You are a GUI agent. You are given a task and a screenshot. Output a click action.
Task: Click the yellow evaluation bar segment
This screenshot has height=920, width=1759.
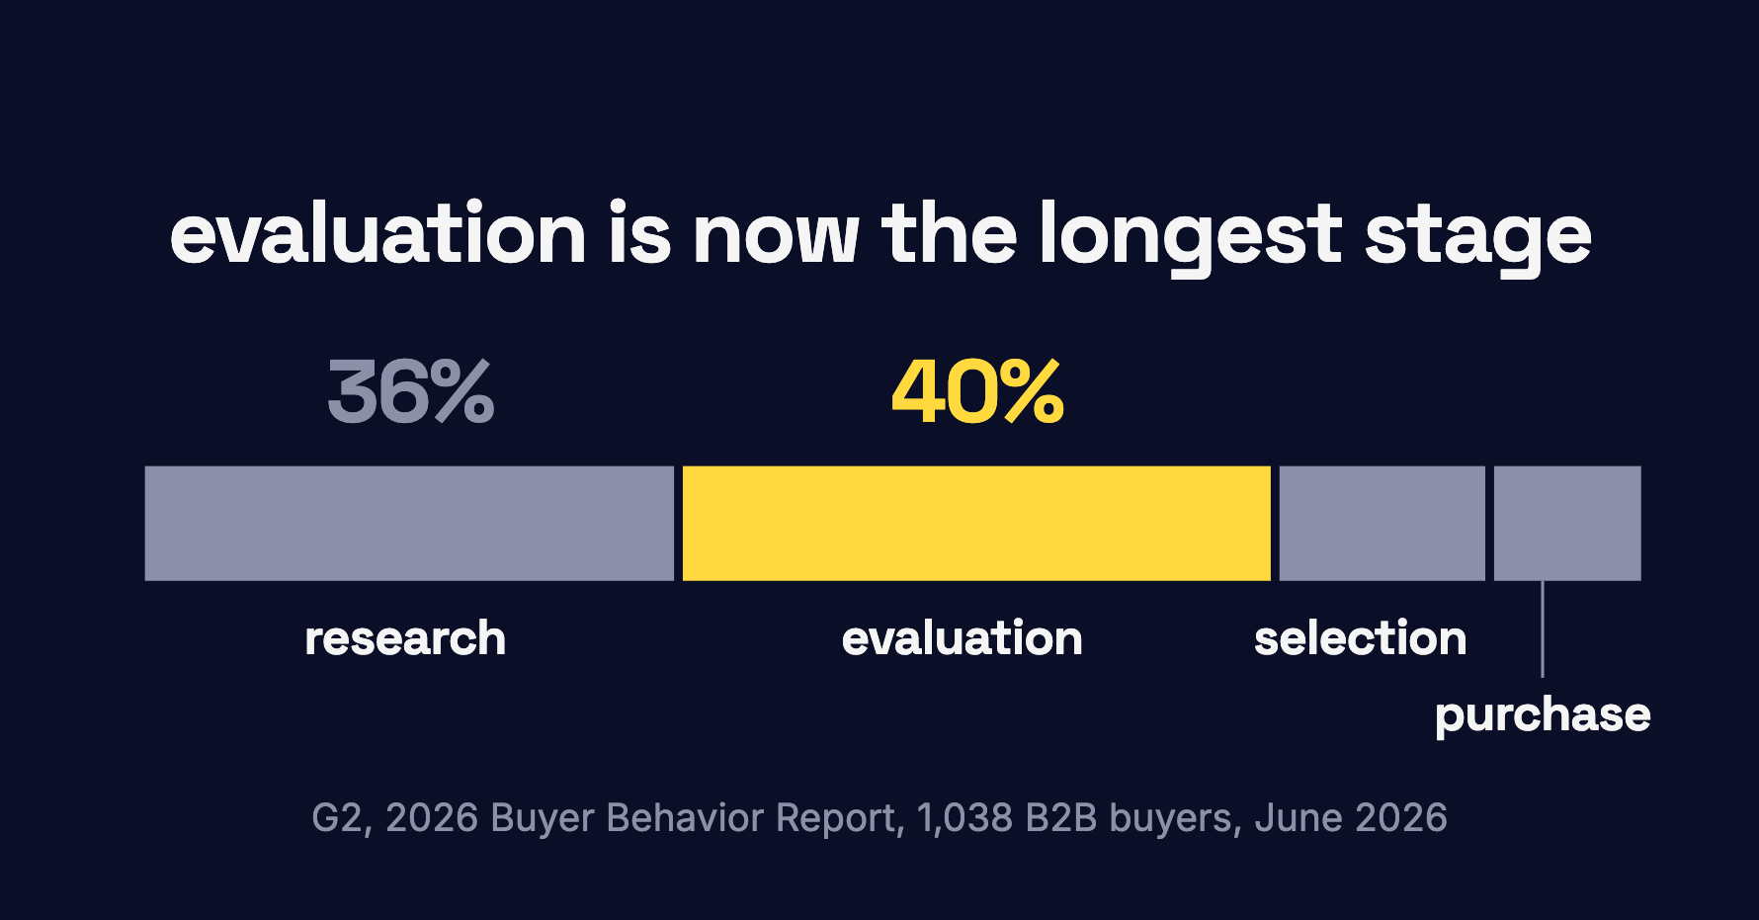point(976,523)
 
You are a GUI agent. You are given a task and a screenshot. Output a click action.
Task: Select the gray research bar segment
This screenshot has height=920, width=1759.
point(409,523)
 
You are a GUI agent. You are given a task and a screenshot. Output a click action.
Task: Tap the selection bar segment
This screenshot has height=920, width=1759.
point(1382,523)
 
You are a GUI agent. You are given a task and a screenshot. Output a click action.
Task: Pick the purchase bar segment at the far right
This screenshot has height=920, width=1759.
point(1567,523)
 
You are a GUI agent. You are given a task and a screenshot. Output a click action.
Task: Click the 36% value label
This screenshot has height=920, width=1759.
point(411,392)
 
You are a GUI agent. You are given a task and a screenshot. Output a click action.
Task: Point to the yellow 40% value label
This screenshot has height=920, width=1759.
point(977,392)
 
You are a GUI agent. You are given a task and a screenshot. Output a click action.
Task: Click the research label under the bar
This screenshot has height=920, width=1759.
point(405,638)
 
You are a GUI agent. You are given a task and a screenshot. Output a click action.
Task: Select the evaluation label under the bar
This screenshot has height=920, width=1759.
point(963,638)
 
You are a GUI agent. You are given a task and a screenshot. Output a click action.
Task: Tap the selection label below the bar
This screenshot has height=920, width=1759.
point(1361,638)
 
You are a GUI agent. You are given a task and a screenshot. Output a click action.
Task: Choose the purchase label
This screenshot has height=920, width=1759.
point(1543,715)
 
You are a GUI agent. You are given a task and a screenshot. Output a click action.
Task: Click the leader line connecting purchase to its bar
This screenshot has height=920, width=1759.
point(1543,628)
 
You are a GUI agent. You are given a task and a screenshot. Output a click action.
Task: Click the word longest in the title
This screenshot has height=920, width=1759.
point(1190,237)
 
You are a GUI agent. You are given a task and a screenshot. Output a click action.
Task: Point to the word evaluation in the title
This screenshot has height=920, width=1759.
point(378,234)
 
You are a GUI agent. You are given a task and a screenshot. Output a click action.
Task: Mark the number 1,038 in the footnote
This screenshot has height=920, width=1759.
point(964,819)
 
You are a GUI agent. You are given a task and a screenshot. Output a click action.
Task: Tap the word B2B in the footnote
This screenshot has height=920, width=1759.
point(1061,818)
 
